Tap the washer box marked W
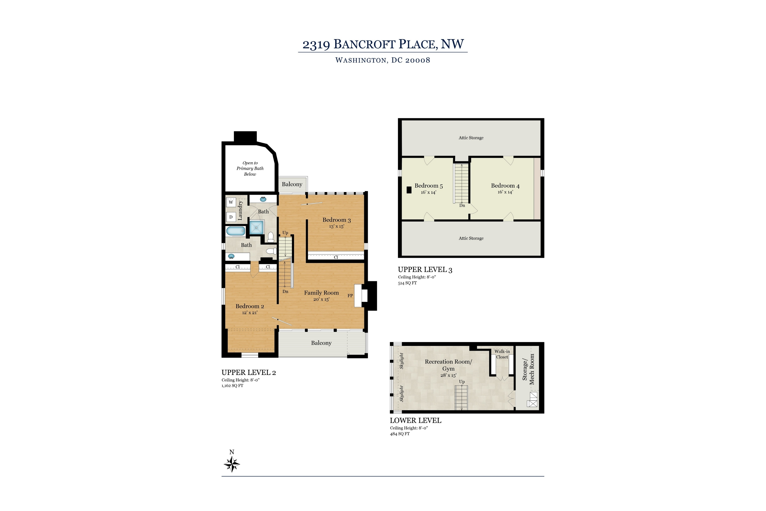tap(231, 202)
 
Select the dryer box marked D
tap(231, 217)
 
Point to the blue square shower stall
tap(256, 227)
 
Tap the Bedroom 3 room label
tap(336, 220)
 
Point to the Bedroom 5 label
tap(428, 186)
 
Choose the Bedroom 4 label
tap(505, 186)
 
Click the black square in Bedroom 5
tap(409, 190)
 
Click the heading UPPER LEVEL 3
tap(425, 270)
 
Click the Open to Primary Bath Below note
tap(250, 168)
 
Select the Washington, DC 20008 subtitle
tap(383, 60)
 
